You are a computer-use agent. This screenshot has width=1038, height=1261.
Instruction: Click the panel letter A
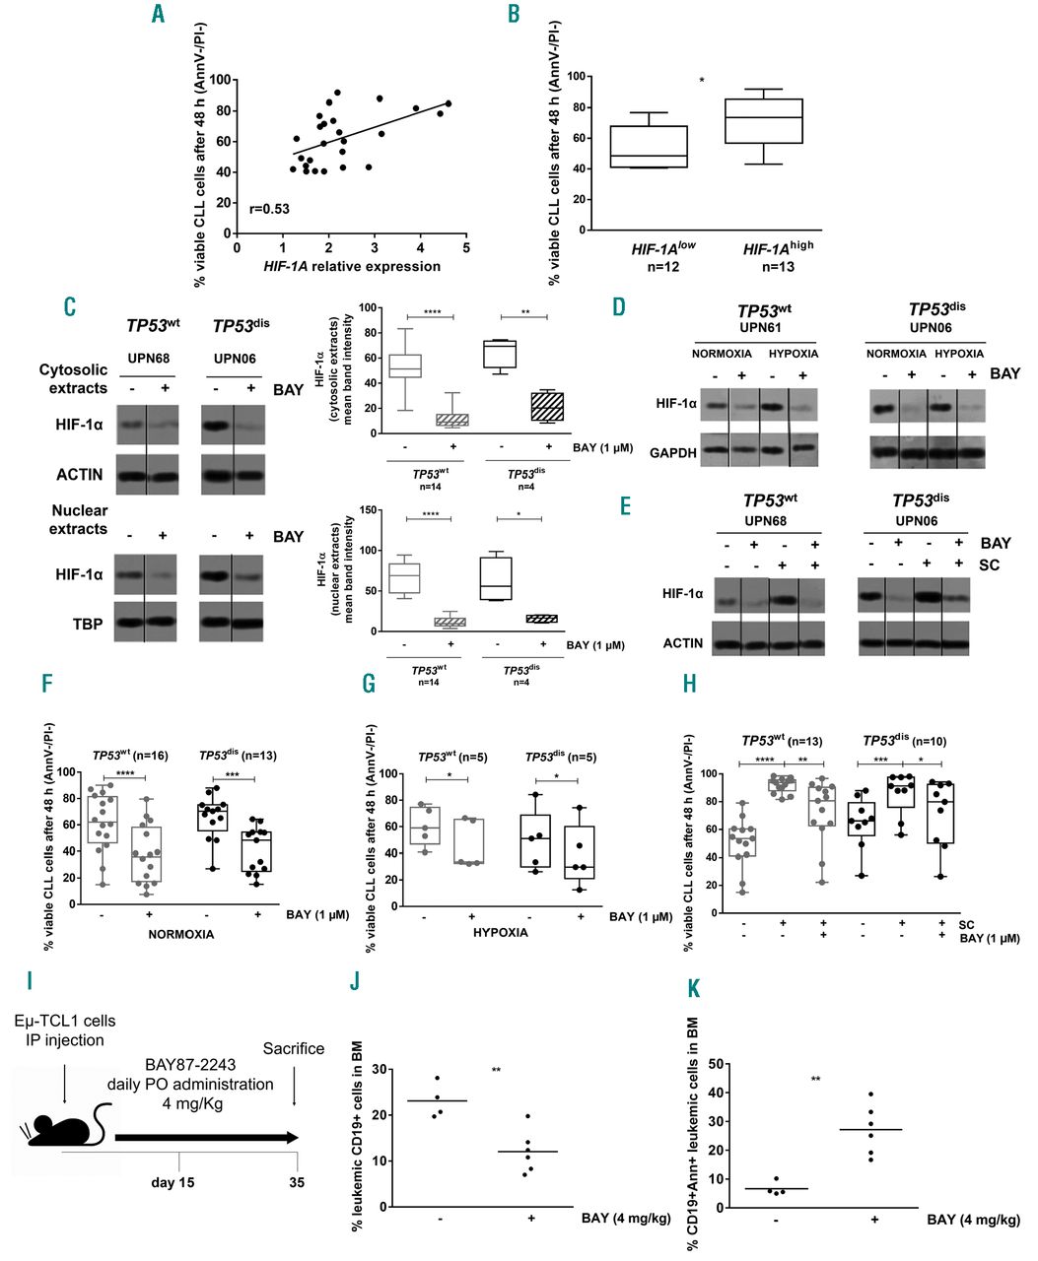(x=158, y=15)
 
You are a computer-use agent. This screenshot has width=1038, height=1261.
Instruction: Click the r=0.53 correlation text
(x=268, y=209)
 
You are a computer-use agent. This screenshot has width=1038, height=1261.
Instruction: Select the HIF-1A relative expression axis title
(x=351, y=266)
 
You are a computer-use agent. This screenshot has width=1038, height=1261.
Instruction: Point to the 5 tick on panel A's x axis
(x=466, y=250)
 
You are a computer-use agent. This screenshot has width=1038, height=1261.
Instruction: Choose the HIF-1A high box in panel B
(x=763, y=121)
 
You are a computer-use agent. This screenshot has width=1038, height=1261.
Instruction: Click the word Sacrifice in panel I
(x=293, y=1048)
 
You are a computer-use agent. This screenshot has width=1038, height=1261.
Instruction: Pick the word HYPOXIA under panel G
(x=500, y=932)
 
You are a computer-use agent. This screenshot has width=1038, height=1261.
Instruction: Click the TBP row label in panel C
(x=88, y=624)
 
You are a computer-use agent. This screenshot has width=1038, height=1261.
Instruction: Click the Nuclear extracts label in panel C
(x=79, y=519)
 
